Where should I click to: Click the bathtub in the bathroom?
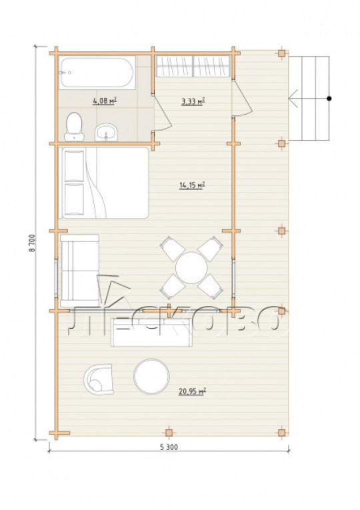click(97, 73)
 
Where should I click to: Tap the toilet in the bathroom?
click(74, 127)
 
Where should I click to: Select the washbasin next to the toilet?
click(106, 132)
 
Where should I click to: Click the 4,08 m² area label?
click(105, 101)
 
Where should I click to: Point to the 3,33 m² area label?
click(193, 101)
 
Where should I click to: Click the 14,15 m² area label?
click(192, 185)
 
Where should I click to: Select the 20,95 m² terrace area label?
click(192, 391)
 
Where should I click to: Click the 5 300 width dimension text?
click(169, 447)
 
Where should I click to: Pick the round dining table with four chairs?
click(191, 268)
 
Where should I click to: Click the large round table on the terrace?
click(151, 376)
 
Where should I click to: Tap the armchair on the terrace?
click(99, 379)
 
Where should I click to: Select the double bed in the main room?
click(104, 183)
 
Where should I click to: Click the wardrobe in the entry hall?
click(193, 67)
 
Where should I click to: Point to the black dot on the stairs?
click(329, 98)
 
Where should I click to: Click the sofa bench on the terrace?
click(151, 333)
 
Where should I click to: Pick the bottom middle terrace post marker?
click(169, 433)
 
